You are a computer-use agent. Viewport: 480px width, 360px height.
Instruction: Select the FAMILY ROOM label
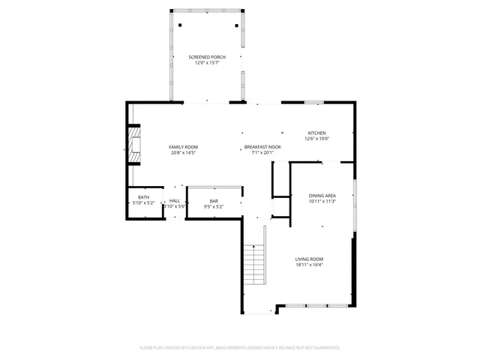(183, 147)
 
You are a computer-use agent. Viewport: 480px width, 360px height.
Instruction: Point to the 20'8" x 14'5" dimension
(183, 153)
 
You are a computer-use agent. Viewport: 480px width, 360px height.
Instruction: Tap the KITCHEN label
(316, 133)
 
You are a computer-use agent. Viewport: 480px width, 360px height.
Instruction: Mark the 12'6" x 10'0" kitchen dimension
(316, 139)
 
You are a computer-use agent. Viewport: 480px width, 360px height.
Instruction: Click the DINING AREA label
(322, 195)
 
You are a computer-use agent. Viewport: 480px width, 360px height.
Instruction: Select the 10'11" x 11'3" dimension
(322, 201)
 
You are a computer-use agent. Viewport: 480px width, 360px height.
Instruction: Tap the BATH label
(143, 197)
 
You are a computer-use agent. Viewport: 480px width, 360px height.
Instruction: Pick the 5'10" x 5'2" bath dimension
(143, 203)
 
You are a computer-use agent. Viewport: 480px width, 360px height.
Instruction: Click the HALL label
(174, 200)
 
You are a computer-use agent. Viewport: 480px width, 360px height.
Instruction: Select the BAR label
(214, 200)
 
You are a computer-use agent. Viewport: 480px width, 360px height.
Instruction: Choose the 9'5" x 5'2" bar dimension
(214, 206)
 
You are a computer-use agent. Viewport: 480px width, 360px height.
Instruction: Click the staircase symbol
(256, 264)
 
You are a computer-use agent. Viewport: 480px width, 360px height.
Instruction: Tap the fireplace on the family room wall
(133, 144)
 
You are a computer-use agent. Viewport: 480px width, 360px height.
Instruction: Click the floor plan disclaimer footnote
(240, 347)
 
